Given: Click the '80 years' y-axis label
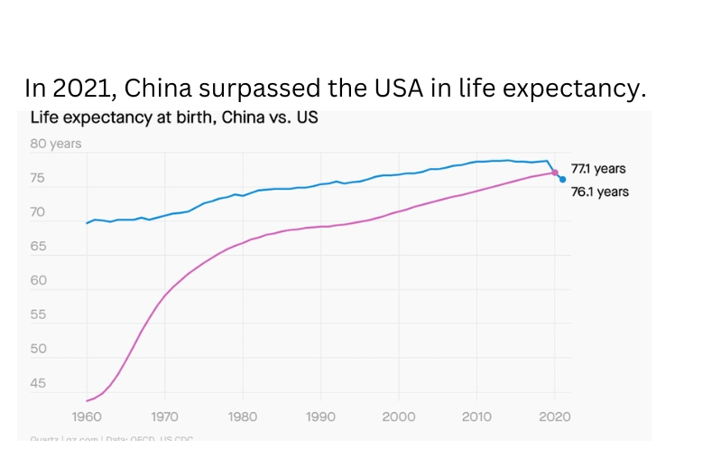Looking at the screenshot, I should click(x=57, y=144).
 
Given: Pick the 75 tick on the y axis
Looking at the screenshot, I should click(x=40, y=178).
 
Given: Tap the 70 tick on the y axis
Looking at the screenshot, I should click(x=40, y=212).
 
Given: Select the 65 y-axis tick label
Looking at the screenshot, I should click(x=40, y=247).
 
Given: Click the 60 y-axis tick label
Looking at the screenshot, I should click(x=40, y=281).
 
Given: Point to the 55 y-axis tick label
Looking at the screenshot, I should click(x=40, y=315).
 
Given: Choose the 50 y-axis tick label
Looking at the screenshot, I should click(x=40, y=350).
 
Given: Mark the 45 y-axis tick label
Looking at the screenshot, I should click(x=40, y=384).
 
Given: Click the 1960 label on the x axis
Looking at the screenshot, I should click(x=87, y=417).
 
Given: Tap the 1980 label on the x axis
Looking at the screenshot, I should click(x=243, y=417).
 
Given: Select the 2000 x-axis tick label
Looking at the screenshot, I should click(x=399, y=417).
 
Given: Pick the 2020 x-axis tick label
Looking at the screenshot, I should click(x=555, y=417).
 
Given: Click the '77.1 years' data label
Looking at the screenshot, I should click(x=598, y=169).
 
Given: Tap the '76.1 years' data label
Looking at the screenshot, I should click(x=600, y=192).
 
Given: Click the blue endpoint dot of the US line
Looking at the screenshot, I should click(x=563, y=179).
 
